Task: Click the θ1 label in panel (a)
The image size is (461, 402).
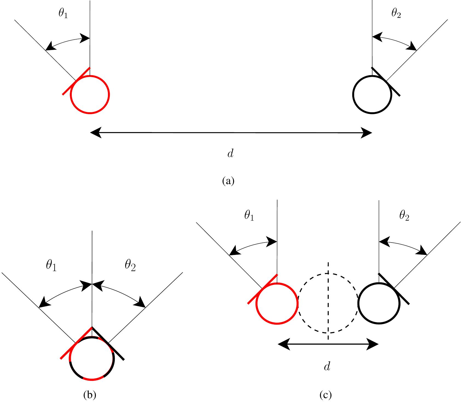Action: click(x=63, y=14)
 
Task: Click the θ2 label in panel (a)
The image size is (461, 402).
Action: click(x=396, y=14)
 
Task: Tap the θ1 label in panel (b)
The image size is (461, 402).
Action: click(x=51, y=266)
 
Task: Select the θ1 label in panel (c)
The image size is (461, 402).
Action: click(x=249, y=216)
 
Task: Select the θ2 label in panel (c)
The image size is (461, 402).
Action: click(x=404, y=216)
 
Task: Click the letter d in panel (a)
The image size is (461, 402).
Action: click(x=231, y=154)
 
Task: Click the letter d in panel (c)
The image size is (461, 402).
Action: click(x=327, y=367)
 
